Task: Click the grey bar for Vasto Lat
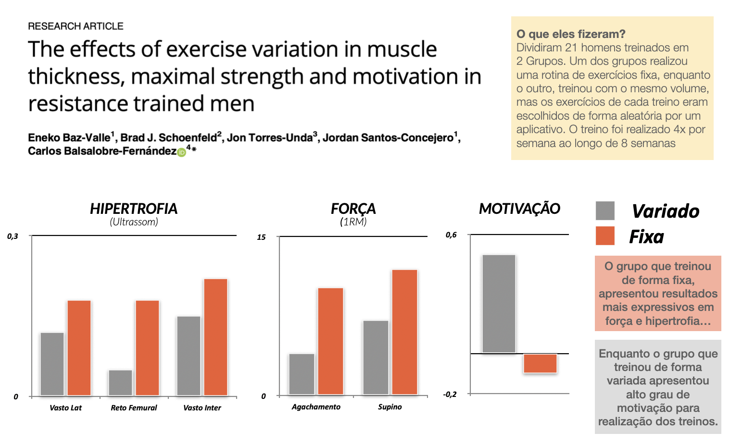coord(52,364)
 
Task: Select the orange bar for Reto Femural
coord(147,348)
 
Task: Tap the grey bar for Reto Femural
coord(121,383)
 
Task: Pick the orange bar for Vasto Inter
coord(216,337)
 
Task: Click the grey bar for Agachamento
coord(302,374)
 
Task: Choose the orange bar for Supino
coord(405,332)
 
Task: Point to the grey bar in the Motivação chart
coord(499,304)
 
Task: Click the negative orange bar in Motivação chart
coord(541,364)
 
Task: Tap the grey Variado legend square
coord(605,211)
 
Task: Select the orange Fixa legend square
coord(605,236)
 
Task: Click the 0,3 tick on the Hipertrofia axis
coord(13,236)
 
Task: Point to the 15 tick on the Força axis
coord(261,237)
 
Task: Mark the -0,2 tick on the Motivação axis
coord(450,395)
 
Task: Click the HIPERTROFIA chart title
coord(134,209)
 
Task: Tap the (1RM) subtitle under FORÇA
coord(353,222)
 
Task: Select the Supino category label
coord(390,407)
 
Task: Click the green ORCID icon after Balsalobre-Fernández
coord(181,152)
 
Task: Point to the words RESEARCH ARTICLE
coord(76,26)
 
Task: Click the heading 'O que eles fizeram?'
coord(571,34)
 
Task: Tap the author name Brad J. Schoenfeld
coord(169,138)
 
